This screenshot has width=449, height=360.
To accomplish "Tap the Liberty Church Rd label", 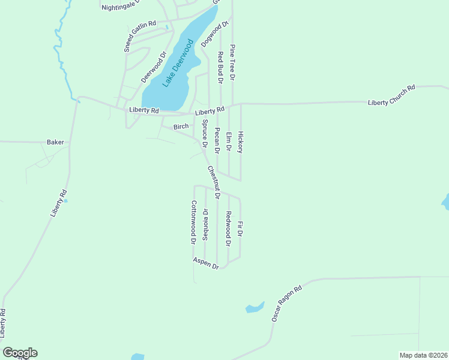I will pos(392,96).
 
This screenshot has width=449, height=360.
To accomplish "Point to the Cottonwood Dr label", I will pos(194,222).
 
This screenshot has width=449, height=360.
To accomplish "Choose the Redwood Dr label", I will pos(228,229).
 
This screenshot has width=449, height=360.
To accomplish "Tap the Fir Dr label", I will pos(240,229).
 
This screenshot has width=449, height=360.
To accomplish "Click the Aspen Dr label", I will pos(206,263).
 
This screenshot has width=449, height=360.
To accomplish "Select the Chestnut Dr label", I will pos(214,182).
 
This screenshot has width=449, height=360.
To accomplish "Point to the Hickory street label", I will pos(241,142).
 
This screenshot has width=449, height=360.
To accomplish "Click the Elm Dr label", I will pos(229,142).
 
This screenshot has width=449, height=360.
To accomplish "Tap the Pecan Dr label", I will pos(217,141).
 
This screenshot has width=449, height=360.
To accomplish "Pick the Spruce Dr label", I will pos(204,134).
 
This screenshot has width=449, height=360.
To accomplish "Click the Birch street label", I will pos(181,127).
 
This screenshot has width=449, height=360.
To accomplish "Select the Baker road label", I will pos(55,143).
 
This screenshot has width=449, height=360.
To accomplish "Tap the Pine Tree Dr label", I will pos(232,62).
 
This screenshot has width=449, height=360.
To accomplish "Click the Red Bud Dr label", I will pos(220,67).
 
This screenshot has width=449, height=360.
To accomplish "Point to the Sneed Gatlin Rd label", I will pos(136,36).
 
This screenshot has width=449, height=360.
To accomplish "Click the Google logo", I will pos(20,353).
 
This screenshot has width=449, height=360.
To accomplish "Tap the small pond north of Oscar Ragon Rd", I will pos(255,308).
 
